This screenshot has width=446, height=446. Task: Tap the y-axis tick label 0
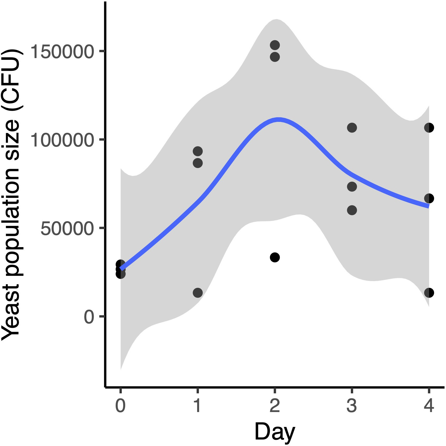pos(89,317)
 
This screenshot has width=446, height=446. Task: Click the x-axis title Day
pos(275,432)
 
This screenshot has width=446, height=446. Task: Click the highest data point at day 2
pos(275,45)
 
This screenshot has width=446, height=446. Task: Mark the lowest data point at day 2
pos(275,257)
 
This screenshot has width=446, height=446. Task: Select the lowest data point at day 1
pos(198,293)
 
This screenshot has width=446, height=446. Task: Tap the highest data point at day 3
pos(352,128)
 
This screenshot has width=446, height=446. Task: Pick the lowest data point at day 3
pos(352,210)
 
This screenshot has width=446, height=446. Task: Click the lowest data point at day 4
pos(429,293)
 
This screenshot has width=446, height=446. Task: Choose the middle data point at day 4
pos(429,198)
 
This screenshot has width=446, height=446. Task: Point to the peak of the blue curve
pos(278,120)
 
